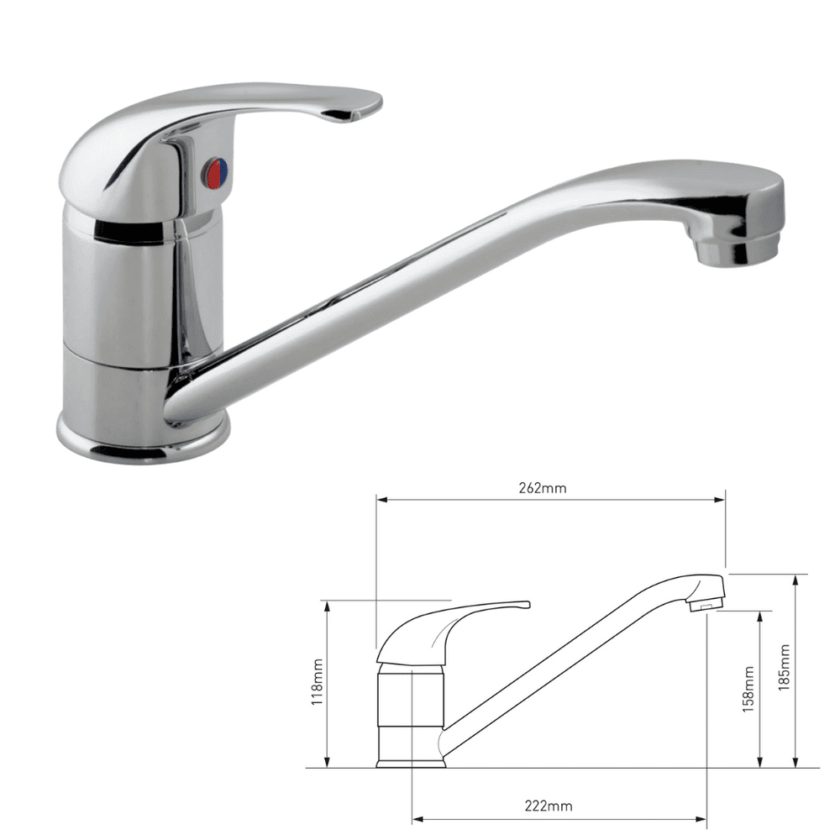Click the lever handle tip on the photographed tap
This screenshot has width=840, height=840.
(x=357, y=108)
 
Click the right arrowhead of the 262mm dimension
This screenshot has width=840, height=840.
(x=721, y=500)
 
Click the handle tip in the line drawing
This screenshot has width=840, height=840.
(x=525, y=604)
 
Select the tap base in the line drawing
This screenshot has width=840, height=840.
(x=411, y=763)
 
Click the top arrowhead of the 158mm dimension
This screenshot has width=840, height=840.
(x=760, y=615)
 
